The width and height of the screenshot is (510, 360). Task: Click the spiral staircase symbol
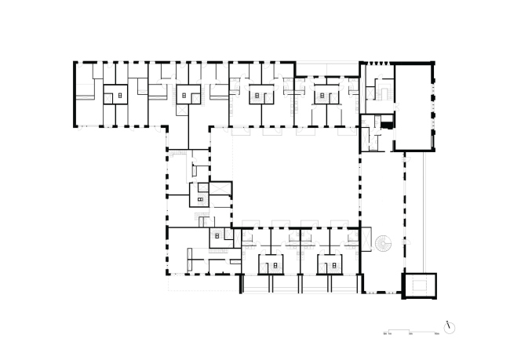coord(384,244)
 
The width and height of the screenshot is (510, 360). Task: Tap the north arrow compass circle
coord(449,325)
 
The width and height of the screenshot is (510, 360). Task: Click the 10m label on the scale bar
coord(436,334)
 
